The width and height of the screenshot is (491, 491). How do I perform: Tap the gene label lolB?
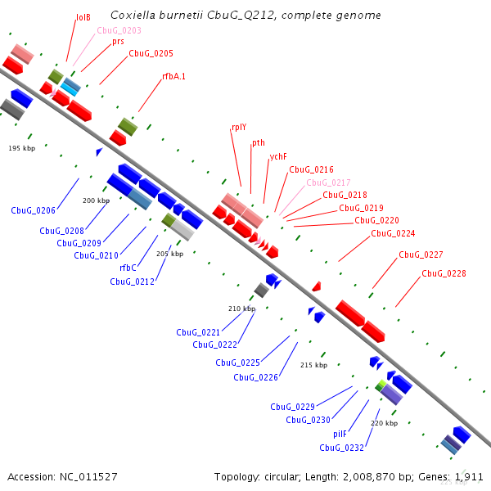click(83, 17)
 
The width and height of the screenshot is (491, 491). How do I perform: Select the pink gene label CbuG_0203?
click(119, 30)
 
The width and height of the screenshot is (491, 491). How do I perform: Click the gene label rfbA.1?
click(173, 76)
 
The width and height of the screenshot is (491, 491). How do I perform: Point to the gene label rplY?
click(239, 127)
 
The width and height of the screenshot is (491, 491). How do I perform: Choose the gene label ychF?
click(278, 156)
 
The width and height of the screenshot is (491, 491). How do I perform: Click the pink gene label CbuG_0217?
click(328, 182)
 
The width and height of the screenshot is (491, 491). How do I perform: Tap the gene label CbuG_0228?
click(444, 273)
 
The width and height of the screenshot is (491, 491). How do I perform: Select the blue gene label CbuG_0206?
click(33, 210)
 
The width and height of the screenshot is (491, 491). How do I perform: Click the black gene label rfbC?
click(128, 268)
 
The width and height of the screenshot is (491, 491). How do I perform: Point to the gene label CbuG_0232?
click(341, 448)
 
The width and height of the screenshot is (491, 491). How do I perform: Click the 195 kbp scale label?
click(22, 148)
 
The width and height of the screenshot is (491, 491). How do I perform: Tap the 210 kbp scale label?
click(241, 309)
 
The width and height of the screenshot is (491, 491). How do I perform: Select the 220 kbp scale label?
click(384, 423)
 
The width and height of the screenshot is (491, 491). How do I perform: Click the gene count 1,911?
click(468, 475)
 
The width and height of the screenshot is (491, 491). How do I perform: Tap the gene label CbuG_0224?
click(393, 233)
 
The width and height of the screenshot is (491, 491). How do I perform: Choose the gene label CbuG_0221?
click(198, 332)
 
